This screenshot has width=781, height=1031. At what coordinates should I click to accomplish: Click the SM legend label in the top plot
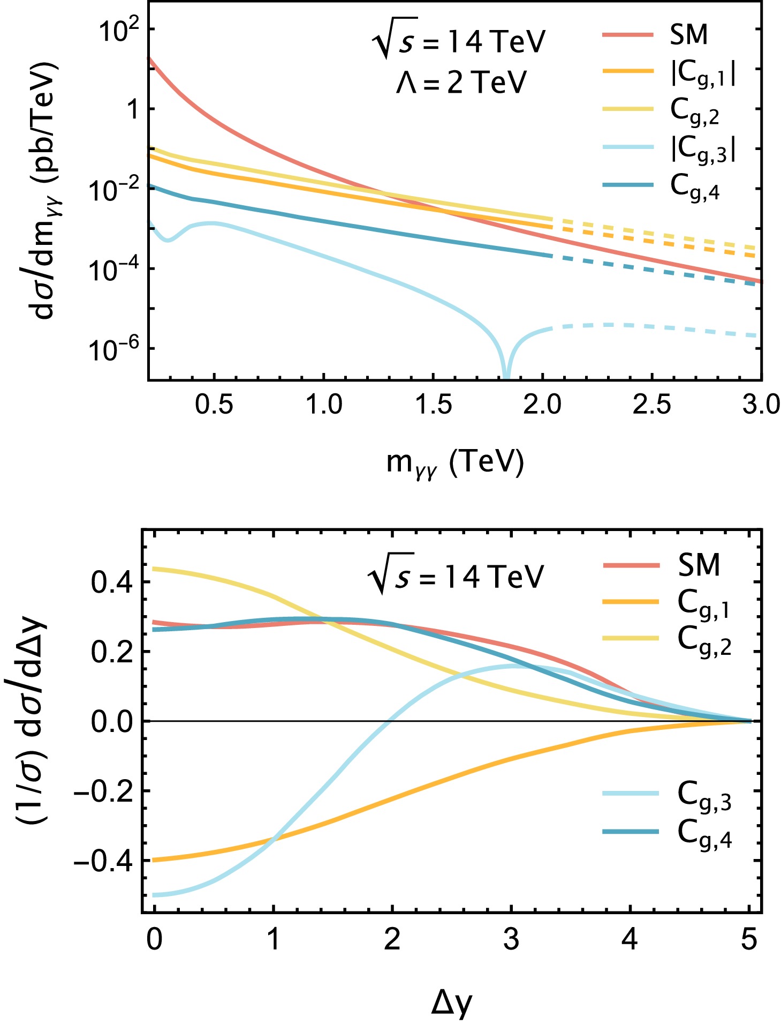tap(689, 35)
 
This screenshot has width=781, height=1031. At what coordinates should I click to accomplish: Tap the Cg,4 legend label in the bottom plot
tap(704, 834)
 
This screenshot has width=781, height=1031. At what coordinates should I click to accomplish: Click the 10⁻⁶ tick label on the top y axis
tap(112, 349)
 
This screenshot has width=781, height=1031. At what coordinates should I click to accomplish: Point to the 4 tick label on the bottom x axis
tap(631, 940)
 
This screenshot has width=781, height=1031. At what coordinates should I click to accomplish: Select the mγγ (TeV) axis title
tap(455, 463)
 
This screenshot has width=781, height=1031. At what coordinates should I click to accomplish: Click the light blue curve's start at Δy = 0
tap(155, 895)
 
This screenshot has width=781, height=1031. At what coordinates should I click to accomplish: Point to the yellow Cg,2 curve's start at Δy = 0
tap(155, 569)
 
